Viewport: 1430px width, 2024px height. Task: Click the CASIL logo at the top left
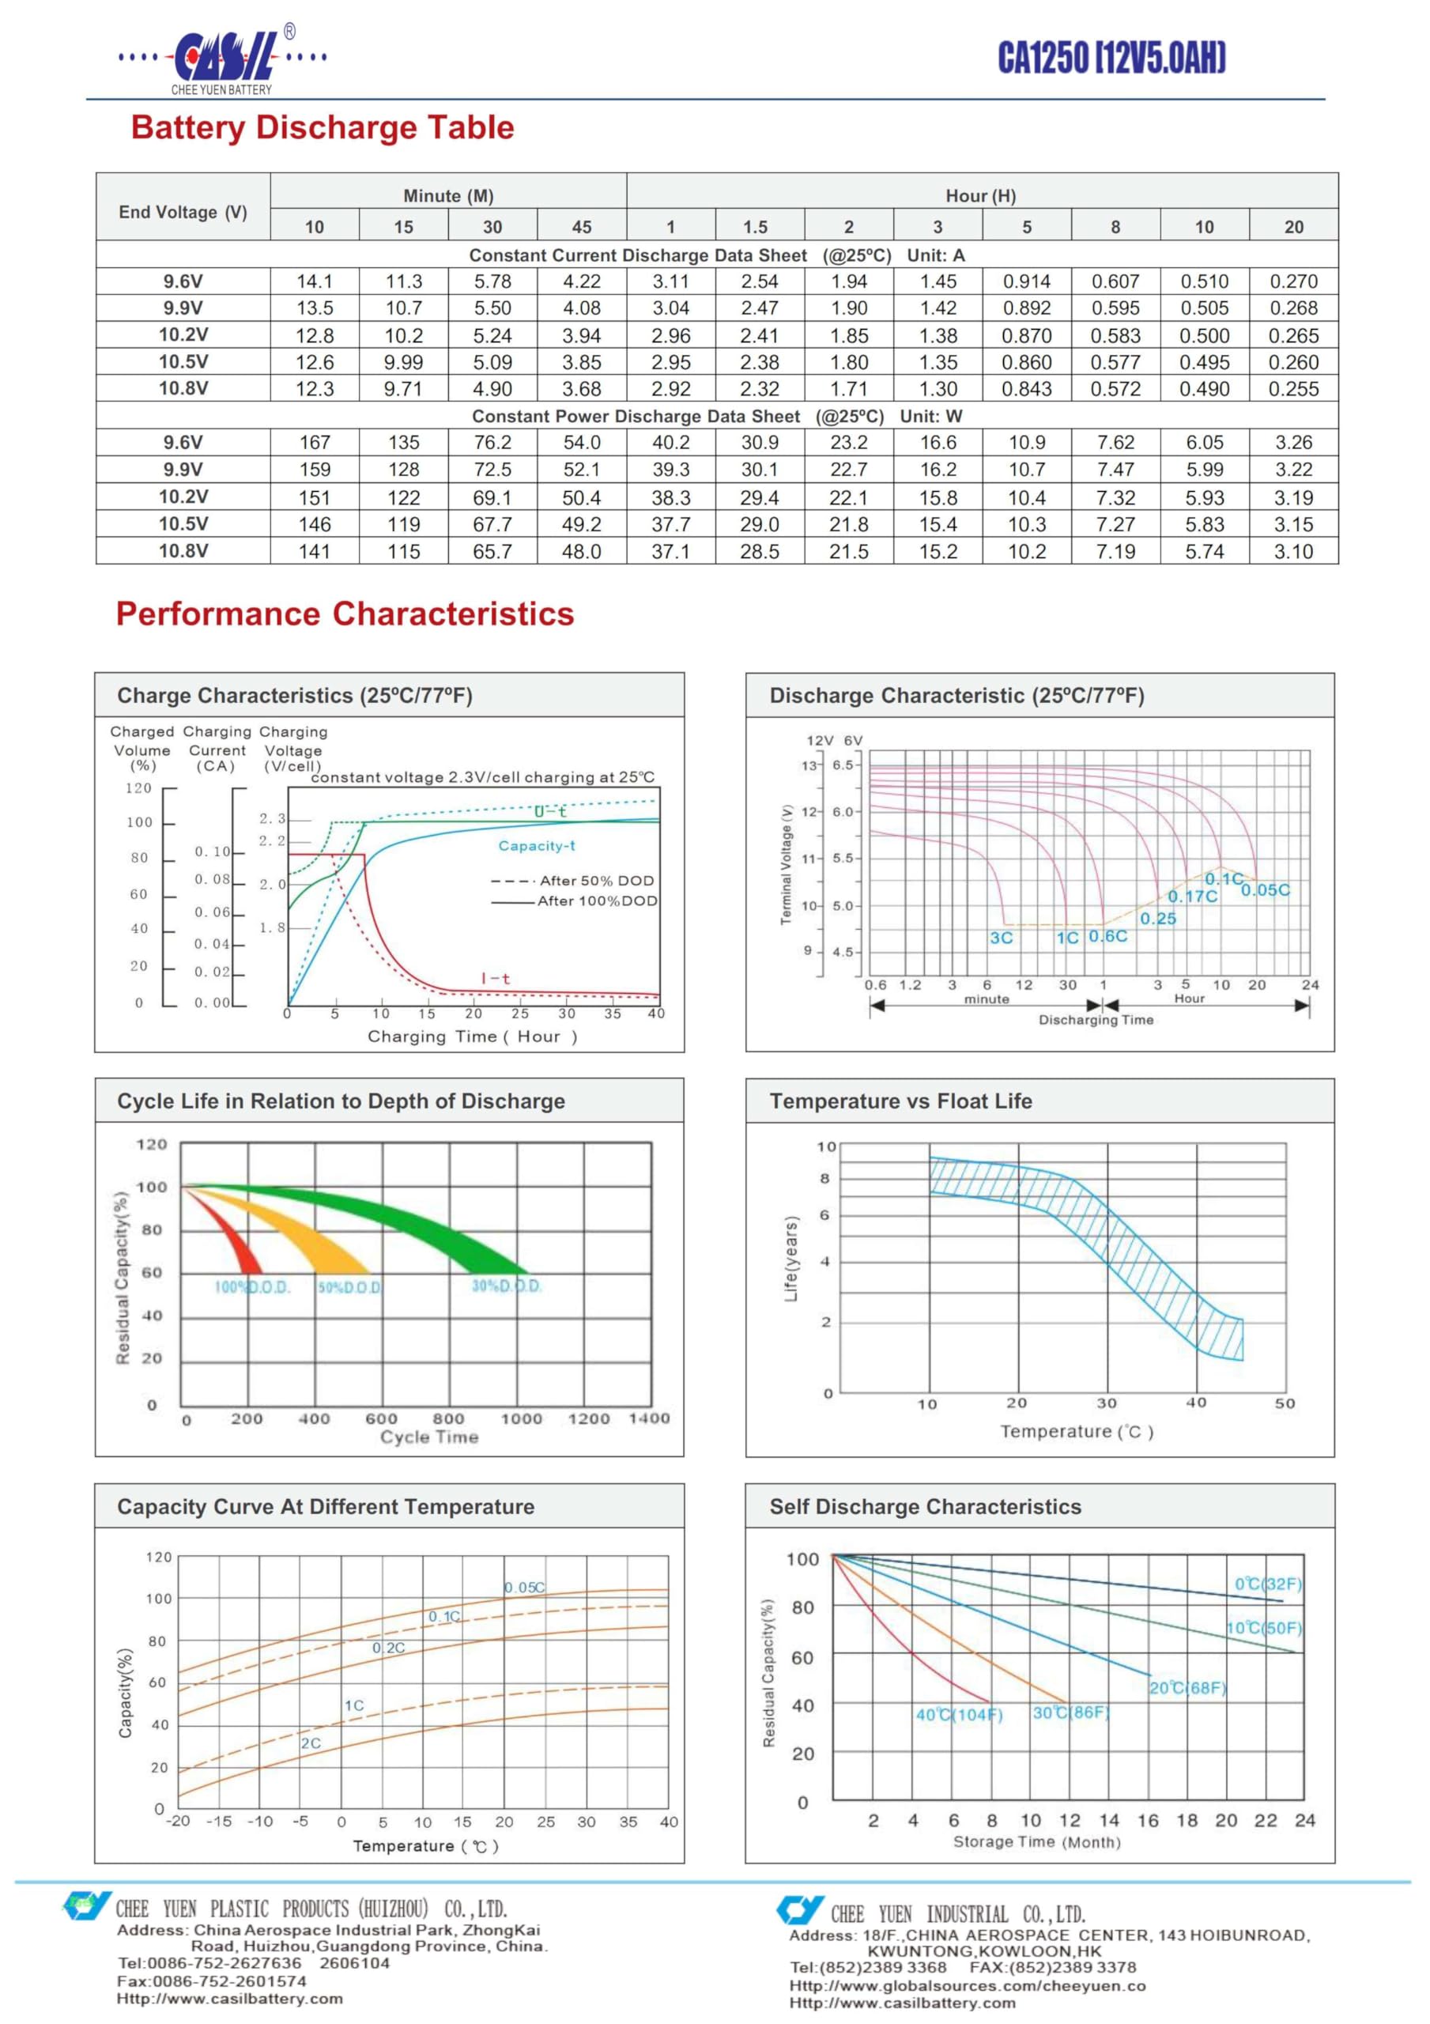click(223, 59)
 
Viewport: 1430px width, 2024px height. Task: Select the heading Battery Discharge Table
click(322, 127)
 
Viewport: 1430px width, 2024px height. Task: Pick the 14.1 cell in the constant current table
click(314, 281)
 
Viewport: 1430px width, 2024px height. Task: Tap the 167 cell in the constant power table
click(314, 443)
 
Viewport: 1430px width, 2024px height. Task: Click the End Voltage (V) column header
click(183, 212)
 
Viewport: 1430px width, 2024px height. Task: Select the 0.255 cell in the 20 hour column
click(1293, 389)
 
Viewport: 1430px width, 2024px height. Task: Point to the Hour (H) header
click(980, 196)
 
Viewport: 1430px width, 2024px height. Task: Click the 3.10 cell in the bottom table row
click(1293, 552)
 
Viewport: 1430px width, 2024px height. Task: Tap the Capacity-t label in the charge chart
click(536, 845)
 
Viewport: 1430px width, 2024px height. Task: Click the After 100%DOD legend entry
click(574, 901)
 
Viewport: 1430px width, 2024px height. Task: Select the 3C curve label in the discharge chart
click(1001, 938)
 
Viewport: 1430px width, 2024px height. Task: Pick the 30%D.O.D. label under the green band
click(506, 1286)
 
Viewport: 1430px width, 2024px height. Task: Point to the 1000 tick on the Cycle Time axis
click(521, 1418)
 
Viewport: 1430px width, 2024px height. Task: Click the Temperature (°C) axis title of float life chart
click(1077, 1432)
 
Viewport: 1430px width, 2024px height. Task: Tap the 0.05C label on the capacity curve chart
click(525, 1588)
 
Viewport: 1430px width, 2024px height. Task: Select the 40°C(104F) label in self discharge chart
click(959, 1715)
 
